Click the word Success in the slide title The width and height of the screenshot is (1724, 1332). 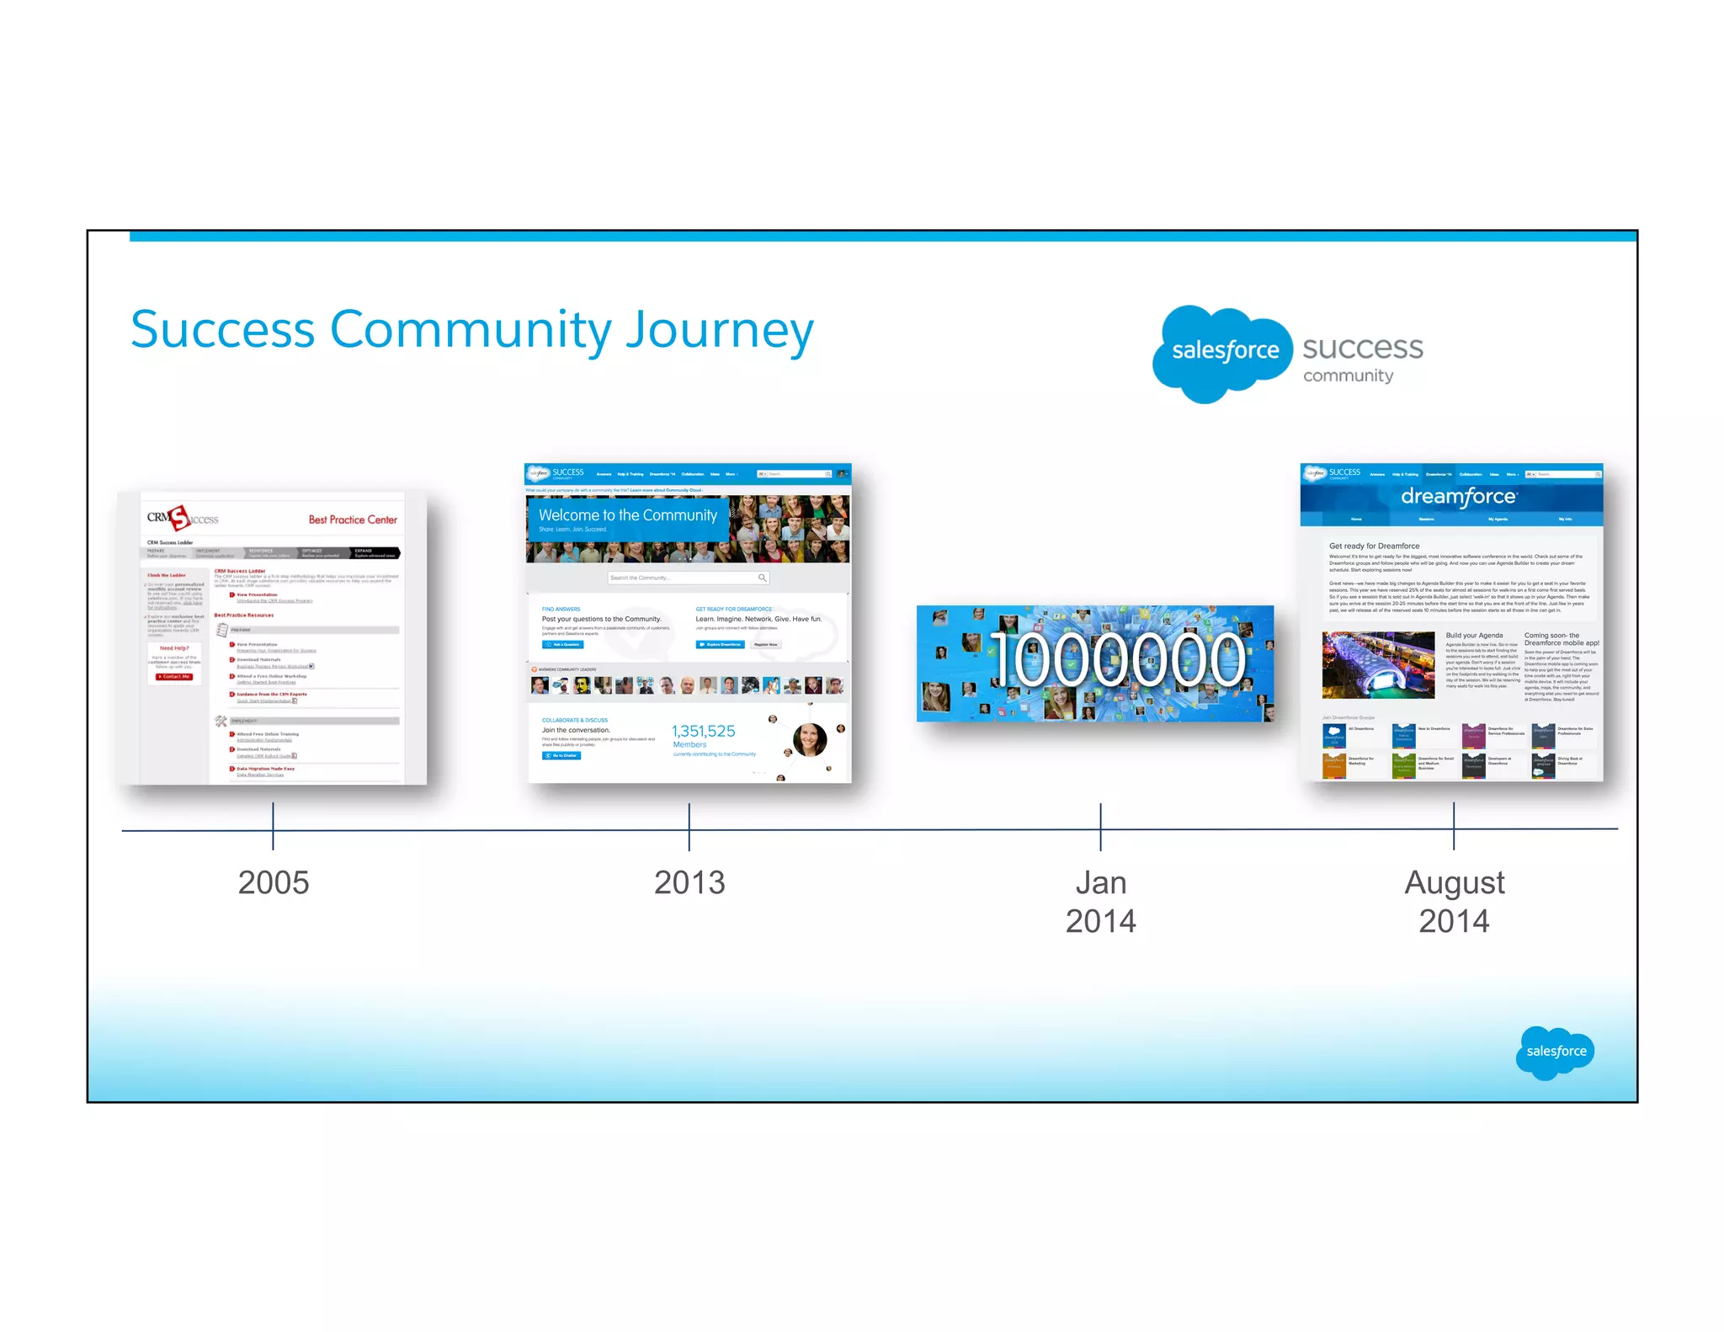click(x=222, y=330)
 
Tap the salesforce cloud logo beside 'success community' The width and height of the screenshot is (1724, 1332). click(x=1224, y=351)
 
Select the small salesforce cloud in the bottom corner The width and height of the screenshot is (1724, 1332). click(x=1555, y=1051)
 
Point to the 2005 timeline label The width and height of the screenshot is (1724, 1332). click(x=274, y=882)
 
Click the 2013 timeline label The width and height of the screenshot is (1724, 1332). click(x=689, y=882)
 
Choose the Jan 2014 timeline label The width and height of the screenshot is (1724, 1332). click(x=1100, y=902)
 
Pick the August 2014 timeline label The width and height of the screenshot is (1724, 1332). click(x=1454, y=902)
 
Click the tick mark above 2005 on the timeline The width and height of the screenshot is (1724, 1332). click(x=273, y=825)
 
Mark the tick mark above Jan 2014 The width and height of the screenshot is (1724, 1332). click(x=1100, y=826)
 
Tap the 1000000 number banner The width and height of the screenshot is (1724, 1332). click(x=1094, y=663)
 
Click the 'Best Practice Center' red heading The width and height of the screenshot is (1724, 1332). click(x=353, y=519)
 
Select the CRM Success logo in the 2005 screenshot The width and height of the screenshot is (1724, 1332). click(x=181, y=518)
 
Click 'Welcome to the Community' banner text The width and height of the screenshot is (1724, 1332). click(x=627, y=514)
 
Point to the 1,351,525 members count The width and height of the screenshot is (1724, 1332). click(x=703, y=731)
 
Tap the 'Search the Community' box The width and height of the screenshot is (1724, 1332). click(x=688, y=578)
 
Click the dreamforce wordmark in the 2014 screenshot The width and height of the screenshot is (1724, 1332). click(x=1458, y=497)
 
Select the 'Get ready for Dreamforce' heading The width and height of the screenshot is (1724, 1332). click(x=1374, y=546)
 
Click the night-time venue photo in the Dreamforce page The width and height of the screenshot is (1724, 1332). click(x=1378, y=665)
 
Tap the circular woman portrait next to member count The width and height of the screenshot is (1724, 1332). click(x=809, y=739)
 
